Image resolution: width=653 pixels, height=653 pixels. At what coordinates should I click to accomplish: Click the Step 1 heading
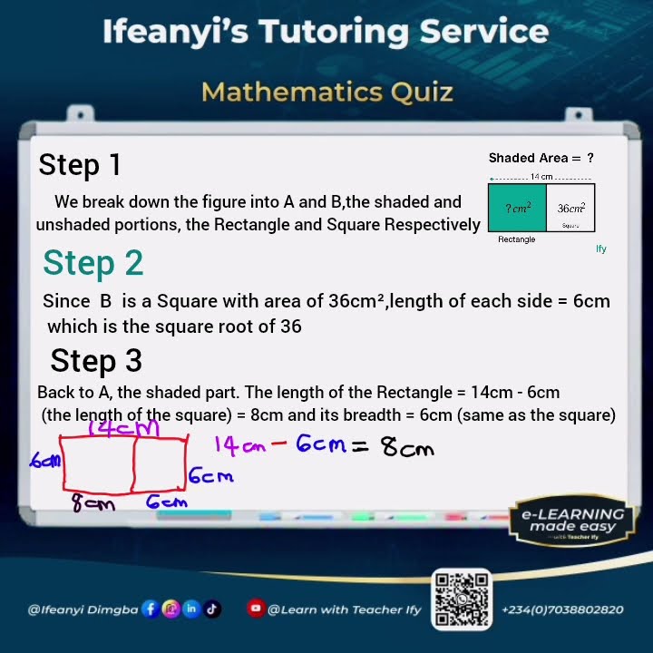pyautogui.click(x=79, y=165)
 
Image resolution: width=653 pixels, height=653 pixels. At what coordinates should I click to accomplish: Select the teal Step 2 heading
pyautogui.click(x=93, y=263)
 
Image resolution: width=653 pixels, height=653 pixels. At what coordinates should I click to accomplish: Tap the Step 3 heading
pyautogui.click(x=96, y=361)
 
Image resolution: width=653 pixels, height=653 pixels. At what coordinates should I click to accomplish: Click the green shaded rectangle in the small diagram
pyautogui.click(x=517, y=208)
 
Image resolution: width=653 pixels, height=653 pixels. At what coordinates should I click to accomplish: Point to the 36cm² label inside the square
pyautogui.click(x=570, y=209)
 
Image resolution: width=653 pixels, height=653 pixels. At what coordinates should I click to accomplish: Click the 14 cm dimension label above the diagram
pyautogui.click(x=541, y=177)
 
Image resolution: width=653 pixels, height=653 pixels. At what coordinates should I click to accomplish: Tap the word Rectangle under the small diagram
pyautogui.click(x=517, y=239)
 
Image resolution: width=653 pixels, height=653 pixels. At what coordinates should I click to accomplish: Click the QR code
pyautogui.click(x=463, y=600)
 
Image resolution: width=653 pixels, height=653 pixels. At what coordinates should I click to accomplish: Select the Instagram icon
pyautogui.click(x=171, y=609)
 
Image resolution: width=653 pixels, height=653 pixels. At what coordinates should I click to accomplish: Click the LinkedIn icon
pyautogui.click(x=191, y=609)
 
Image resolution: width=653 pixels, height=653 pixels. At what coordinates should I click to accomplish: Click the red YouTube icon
pyautogui.click(x=256, y=609)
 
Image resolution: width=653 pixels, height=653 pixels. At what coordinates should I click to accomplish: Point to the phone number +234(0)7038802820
pyautogui.click(x=562, y=610)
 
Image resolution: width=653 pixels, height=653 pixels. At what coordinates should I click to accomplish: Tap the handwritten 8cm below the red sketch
pyautogui.click(x=94, y=503)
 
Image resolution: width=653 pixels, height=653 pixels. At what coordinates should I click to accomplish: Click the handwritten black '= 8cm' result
pyautogui.click(x=393, y=446)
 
